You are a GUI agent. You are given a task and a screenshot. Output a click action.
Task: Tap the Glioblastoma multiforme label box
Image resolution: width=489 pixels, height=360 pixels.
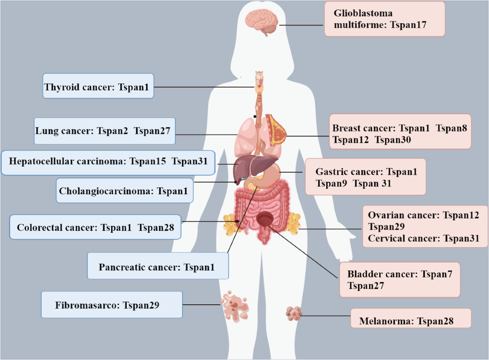(385, 19)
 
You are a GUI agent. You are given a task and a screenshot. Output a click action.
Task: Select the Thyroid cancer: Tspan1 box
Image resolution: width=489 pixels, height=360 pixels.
(98, 86)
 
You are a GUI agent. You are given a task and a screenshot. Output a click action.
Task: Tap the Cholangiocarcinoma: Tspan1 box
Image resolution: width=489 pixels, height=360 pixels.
(125, 190)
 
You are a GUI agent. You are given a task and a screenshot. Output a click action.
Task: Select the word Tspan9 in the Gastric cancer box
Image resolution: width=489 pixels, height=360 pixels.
(331, 183)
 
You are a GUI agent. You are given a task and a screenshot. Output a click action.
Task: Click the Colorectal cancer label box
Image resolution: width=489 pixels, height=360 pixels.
(95, 227)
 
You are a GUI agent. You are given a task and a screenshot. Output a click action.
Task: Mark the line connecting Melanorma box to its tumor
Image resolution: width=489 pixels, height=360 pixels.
(326, 315)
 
